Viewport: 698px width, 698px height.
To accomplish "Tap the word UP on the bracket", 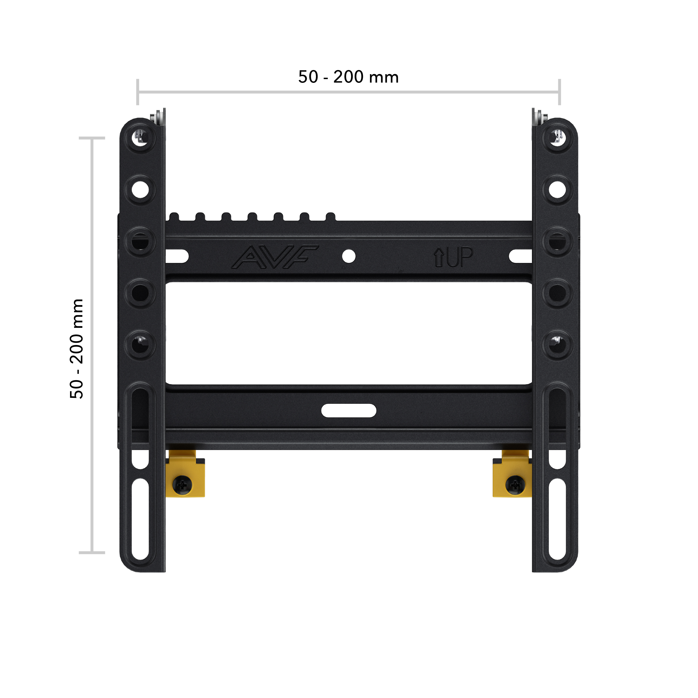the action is (460, 257).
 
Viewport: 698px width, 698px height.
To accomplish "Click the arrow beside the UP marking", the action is (439, 257).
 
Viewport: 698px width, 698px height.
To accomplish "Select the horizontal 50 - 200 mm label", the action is (348, 77).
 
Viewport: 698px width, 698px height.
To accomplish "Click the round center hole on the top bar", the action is (349, 256).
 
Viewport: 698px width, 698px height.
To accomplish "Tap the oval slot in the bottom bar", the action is (349, 410).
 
